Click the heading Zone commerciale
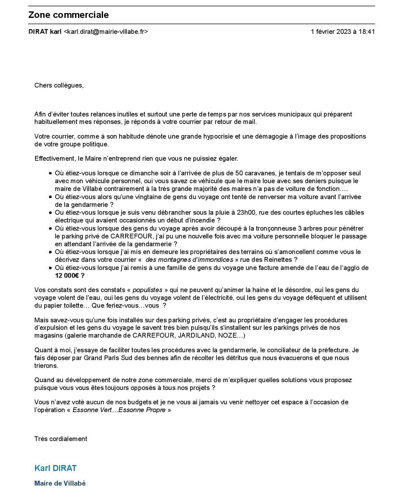(x=68, y=15)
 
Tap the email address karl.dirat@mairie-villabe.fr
(x=106, y=32)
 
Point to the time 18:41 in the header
(x=367, y=32)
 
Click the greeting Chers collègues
(x=59, y=86)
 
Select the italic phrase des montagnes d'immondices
(x=189, y=260)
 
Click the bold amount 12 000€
(x=67, y=275)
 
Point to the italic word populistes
(x=147, y=290)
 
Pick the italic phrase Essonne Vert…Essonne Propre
(x=119, y=410)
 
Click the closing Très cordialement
(x=61, y=439)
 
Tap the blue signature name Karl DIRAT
(x=56, y=468)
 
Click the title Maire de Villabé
(x=60, y=483)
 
